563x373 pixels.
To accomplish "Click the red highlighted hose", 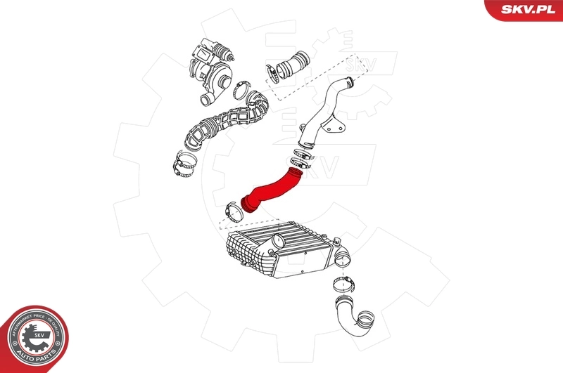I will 271,188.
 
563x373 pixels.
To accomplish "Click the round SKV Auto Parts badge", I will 33,339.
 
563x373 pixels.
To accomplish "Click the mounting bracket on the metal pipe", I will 335,131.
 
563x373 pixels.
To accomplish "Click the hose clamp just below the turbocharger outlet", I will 241,92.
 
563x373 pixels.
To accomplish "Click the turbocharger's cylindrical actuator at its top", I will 227,50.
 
